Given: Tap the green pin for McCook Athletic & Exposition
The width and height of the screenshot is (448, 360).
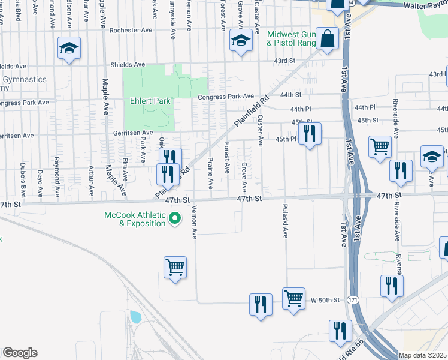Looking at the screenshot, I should [x=175, y=218].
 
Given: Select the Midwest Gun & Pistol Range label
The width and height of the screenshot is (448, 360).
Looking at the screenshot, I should [x=293, y=39].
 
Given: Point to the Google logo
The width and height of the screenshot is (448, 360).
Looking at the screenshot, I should [x=20, y=353].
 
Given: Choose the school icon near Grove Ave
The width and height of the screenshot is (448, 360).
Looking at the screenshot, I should [x=241, y=41].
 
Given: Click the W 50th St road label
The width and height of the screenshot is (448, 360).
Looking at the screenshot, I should [x=326, y=299].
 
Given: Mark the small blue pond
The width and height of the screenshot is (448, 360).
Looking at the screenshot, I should [x=135, y=317].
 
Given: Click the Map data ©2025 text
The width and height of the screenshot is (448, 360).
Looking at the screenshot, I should [x=422, y=355].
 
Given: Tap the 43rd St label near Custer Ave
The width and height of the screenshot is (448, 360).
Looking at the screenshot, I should [x=284, y=61].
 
